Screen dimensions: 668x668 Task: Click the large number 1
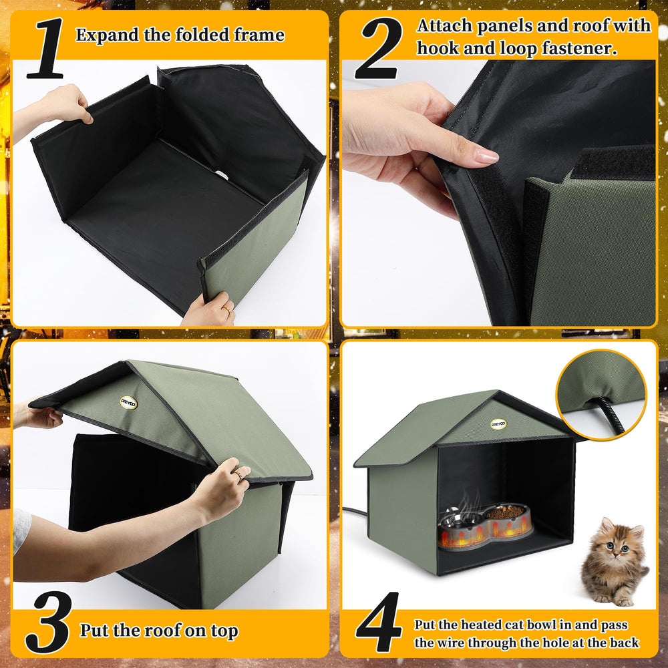click(x=46, y=48)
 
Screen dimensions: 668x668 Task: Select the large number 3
click(x=47, y=623)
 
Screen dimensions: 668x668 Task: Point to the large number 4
click(x=379, y=623)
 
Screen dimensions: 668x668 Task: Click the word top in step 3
click(x=224, y=631)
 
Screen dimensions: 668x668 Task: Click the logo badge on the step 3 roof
click(x=128, y=403)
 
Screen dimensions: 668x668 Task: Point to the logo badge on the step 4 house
click(x=498, y=424)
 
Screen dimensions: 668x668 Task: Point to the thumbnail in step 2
click(x=486, y=156)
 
